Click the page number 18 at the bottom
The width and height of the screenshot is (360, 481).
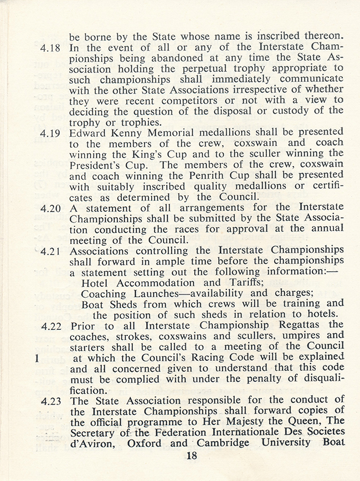pyautogui.click(x=192, y=456)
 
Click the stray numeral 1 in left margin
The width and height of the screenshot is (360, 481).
pyautogui.click(x=36, y=358)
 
